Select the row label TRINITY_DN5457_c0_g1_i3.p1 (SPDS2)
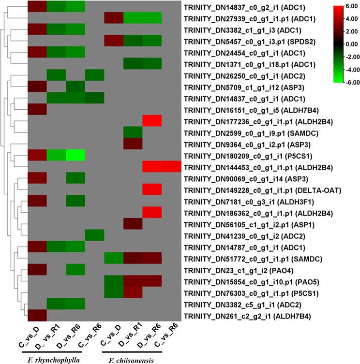point(248,40)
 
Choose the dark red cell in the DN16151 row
point(37,109)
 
